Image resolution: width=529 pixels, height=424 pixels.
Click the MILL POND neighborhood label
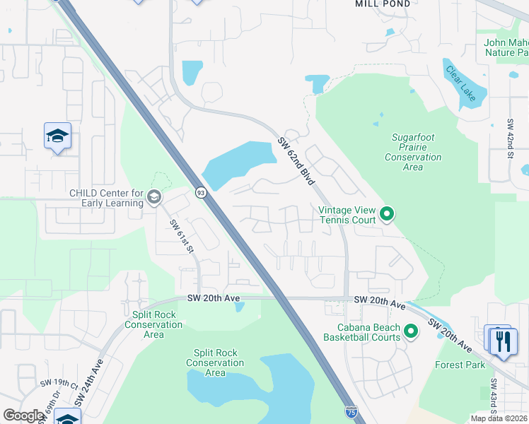(x=382, y=4)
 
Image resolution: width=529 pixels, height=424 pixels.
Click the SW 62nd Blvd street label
(x=296, y=160)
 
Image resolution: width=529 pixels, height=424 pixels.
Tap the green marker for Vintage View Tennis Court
(x=386, y=213)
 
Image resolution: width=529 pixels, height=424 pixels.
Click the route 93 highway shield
(x=201, y=193)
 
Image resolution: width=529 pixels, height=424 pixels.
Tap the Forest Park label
(x=460, y=365)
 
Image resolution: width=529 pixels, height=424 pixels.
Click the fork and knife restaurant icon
(x=503, y=341)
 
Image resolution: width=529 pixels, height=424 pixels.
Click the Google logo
(x=23, y=416)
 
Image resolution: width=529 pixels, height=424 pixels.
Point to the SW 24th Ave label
(x=91, y=381)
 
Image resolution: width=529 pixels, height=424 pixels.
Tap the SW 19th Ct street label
(x=59, y=385)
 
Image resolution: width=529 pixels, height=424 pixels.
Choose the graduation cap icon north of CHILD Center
(x=57, y=136)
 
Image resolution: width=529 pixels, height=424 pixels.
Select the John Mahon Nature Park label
(x=506, y=47)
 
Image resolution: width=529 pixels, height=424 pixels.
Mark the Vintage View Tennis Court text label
(x=346, y=214)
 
